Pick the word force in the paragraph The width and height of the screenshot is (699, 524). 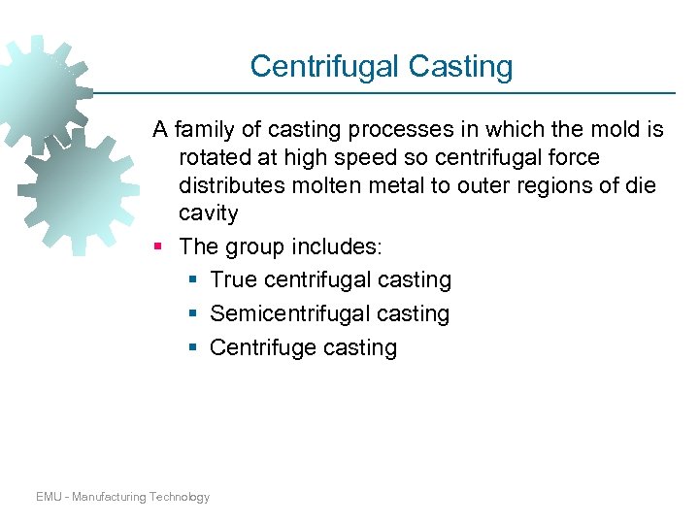point(572,157)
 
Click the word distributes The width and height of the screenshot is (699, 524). point(230,185)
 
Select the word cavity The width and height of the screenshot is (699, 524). point(208,213)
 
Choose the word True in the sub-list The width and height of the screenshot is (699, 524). point(233,280)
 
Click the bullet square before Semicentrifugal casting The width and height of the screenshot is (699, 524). point(194,313)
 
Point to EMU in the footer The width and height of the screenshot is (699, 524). point(50,497)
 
